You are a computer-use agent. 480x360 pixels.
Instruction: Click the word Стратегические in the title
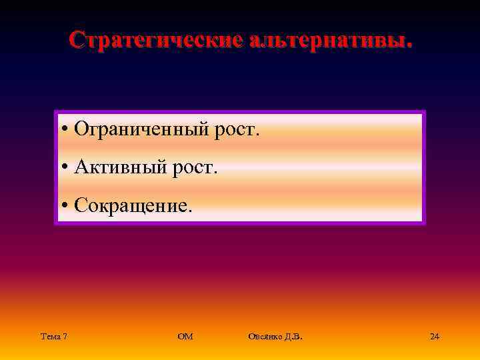point(157,39)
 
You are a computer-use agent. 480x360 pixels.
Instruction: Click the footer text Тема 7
point(53,337)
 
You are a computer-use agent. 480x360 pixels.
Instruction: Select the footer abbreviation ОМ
point(185,337)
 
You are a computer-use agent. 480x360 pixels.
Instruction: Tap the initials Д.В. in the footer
point(293,337)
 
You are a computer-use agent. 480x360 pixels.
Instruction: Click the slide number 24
point(435,337)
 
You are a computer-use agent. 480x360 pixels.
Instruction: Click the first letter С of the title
point(76,39)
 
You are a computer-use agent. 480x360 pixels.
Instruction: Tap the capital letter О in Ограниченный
point(81,129)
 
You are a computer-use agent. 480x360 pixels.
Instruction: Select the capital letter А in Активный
point(81,167)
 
